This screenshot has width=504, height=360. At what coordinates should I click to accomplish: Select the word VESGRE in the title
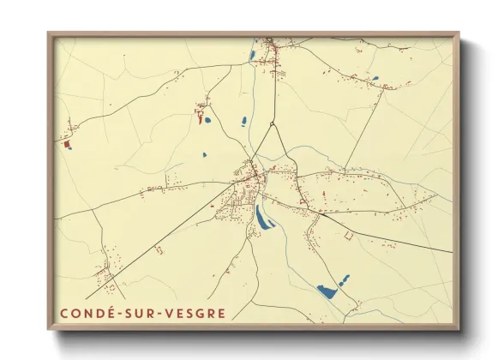pyautogui.click(x=195, y=313)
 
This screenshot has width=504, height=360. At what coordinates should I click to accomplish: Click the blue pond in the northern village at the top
pyautogui.click(x=253, y=57)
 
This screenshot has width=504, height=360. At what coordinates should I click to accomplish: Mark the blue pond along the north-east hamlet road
pyautogui.click(x=375, y=79)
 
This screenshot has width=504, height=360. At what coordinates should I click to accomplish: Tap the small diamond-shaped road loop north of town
pyautogui.click(x=273, y=127)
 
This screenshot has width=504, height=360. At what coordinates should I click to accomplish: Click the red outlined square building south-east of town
pyautogui.click(x=348, y=234)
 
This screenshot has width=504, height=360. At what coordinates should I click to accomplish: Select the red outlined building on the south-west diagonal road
pyautogui.click(x=158, y=249)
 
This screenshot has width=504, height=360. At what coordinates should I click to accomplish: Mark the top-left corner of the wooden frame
pyautogui.click(x=50, y=34)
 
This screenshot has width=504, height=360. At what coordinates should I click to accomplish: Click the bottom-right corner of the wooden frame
pyautogui.click(x=458, y=328)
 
